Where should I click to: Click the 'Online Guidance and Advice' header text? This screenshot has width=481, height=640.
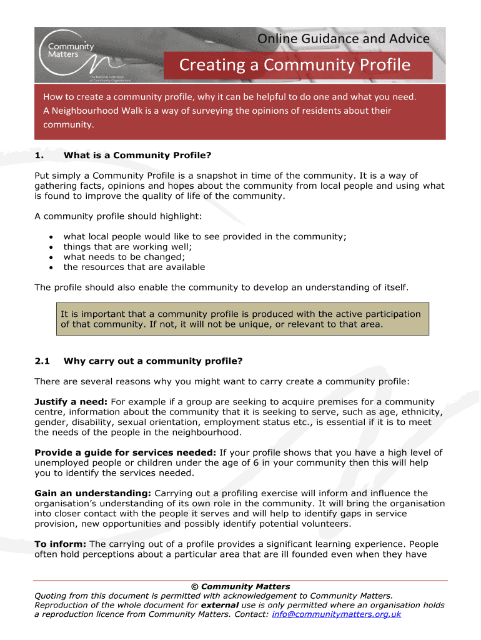(x=344, y=39)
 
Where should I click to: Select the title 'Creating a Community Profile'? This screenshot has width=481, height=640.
(x=295, y=65)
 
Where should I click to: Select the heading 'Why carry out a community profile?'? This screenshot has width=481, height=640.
(x=153, y=361)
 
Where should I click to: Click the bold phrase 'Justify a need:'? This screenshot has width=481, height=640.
(x=71, y=401)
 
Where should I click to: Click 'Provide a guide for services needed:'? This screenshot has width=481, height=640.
(x=126, y=452)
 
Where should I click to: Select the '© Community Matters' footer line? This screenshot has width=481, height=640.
(x=241, y=586)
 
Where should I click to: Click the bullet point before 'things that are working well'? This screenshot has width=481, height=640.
(x=49, y=247)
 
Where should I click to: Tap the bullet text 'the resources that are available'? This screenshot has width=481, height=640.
(x=134, y=267)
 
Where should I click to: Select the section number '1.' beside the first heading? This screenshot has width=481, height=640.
(x=39, y=156)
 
